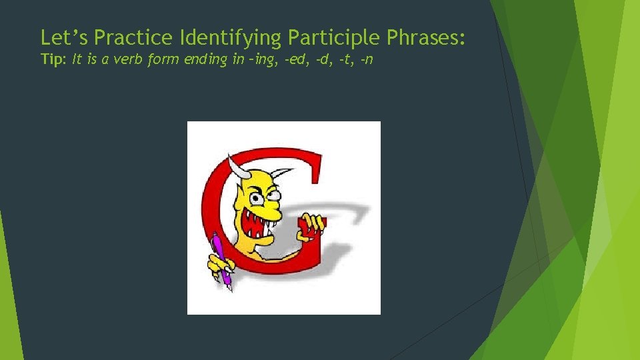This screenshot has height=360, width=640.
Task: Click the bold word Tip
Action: (x=52, y=59)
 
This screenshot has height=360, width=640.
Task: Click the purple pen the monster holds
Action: (x=223, y=263)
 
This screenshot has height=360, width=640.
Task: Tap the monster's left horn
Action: (x=234, y=166)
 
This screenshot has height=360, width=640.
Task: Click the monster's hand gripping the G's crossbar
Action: (x=311, y=225)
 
